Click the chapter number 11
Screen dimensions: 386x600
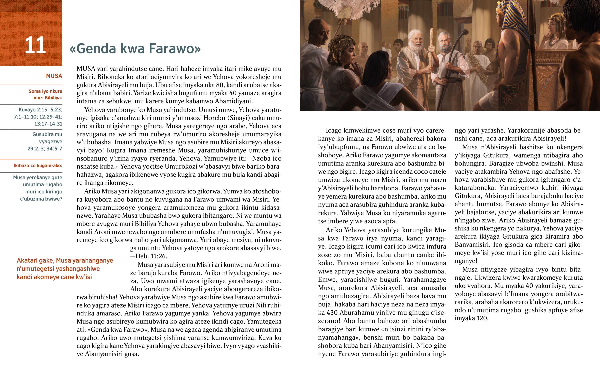click(35, 45)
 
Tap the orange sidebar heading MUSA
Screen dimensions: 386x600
click(54, 76)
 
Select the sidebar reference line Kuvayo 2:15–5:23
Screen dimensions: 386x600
click(40, 110)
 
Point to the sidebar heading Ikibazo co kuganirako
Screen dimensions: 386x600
click(38, 165)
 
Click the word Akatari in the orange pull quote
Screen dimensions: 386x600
click(27, 261)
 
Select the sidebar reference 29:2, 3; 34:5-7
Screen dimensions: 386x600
click(45, 149)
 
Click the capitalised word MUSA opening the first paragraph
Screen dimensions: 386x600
click(86, 69)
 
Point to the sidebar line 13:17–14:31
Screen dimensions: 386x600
click(48, 124)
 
